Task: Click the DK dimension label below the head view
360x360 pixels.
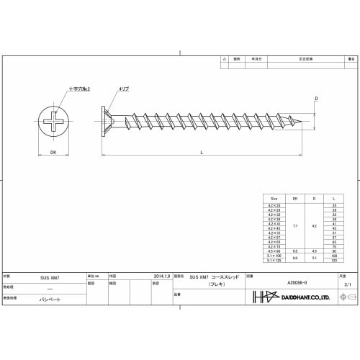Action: [x=53, y=151]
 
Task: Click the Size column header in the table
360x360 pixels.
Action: [x=274, y=197]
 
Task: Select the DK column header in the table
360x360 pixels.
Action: [x=294, y=197]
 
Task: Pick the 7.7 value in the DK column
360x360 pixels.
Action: [x=294, y=225]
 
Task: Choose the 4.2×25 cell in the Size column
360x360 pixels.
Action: [x=274, y=205]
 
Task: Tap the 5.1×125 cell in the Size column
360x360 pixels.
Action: [x=274, y=260]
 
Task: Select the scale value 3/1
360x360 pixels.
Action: [x=348, y=286]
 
